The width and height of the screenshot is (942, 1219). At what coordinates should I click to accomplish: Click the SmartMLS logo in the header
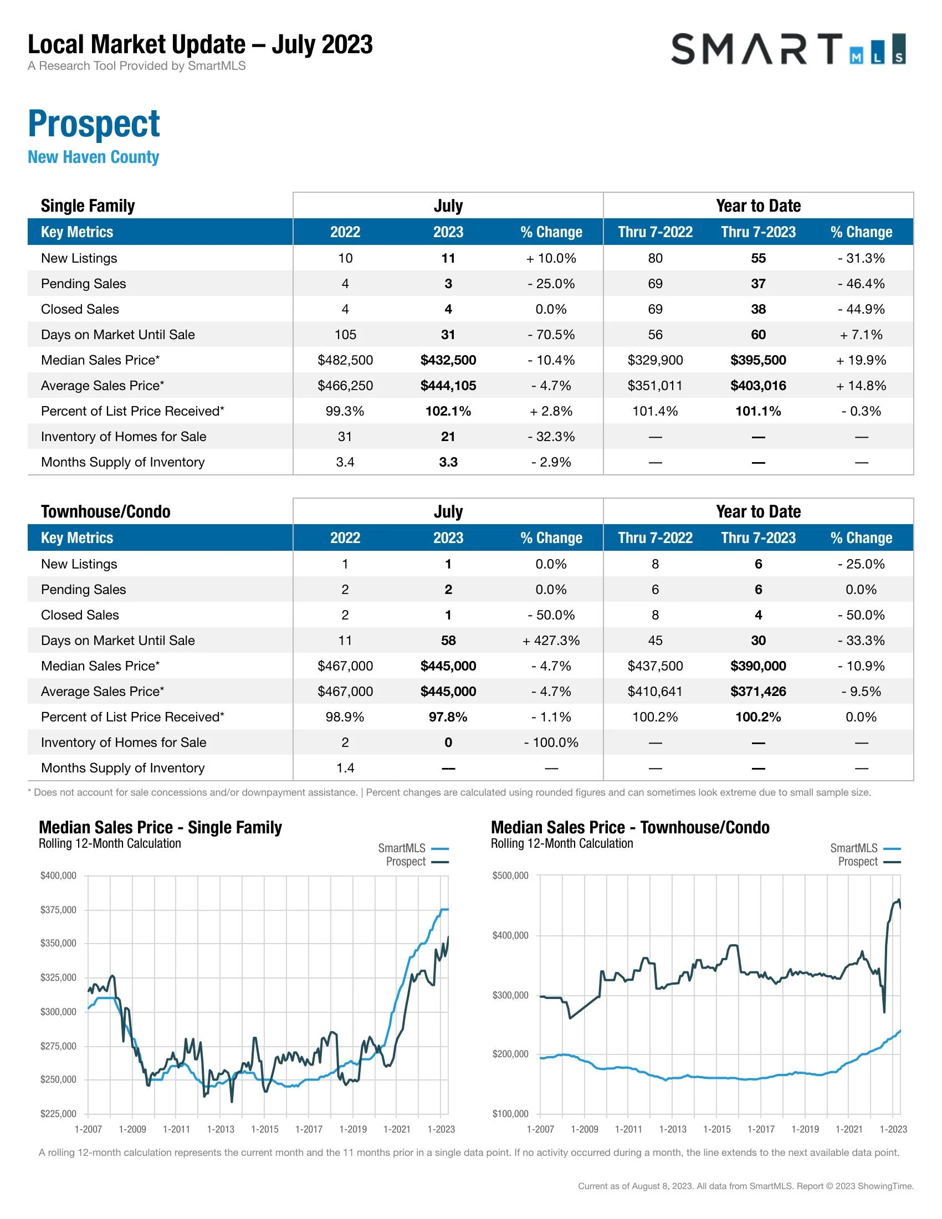787,49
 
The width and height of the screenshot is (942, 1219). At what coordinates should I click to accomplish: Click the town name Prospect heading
94,124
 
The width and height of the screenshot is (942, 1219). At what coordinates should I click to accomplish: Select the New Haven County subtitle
93,157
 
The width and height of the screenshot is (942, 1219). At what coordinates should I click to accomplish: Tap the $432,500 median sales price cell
448,360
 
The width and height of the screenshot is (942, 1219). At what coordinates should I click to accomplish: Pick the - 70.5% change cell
551,334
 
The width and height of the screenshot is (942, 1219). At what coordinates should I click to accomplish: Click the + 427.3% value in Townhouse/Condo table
551,640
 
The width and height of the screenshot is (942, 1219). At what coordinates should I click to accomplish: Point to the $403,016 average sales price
758,386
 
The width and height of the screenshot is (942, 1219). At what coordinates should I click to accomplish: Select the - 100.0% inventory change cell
551,742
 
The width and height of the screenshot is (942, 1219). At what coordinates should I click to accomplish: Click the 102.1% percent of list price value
448,411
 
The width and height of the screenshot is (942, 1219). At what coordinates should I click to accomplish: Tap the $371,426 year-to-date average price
758,692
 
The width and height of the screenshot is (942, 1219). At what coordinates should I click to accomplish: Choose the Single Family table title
88,206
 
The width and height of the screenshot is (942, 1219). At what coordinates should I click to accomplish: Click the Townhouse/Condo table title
105,511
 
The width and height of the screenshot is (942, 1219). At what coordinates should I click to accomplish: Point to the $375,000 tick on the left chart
58,910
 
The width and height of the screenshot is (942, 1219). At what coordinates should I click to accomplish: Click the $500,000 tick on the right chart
510,875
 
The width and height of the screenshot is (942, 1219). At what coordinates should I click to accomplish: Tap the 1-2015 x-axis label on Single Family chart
264,1129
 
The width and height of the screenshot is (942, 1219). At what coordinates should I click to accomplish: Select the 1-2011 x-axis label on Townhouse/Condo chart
628,1129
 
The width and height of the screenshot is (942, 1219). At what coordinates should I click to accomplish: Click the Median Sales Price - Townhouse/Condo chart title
630,827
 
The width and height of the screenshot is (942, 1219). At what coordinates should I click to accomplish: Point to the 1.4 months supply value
345,768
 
